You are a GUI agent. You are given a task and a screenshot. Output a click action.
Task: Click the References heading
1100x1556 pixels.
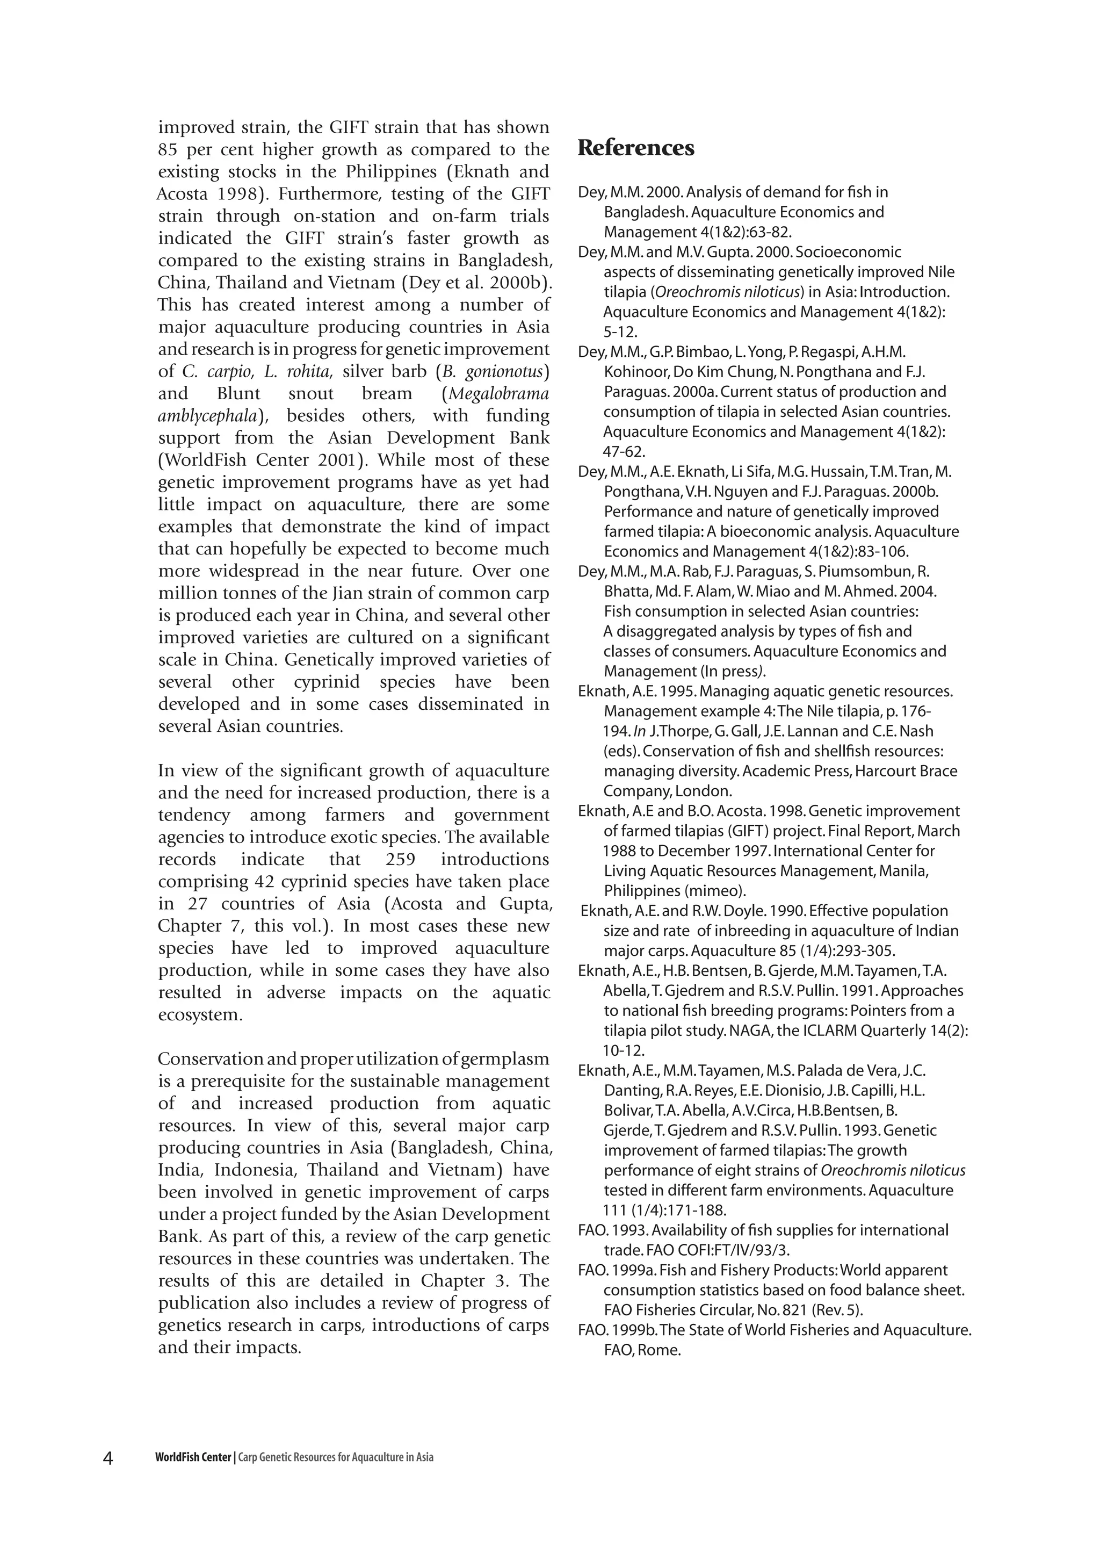[x=635, y=148]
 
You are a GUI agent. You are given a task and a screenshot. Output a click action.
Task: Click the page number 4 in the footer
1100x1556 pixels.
[x=108, y=1458]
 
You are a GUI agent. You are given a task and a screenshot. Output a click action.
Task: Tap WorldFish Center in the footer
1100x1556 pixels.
[x=193, y=1458]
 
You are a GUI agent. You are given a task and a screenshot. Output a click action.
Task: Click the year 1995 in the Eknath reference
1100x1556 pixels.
[x=679, y=691]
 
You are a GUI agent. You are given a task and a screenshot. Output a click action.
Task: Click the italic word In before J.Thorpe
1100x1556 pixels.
[x=639, y=731]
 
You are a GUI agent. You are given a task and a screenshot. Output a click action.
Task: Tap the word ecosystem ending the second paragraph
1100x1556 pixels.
[x=199, y=1015]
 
